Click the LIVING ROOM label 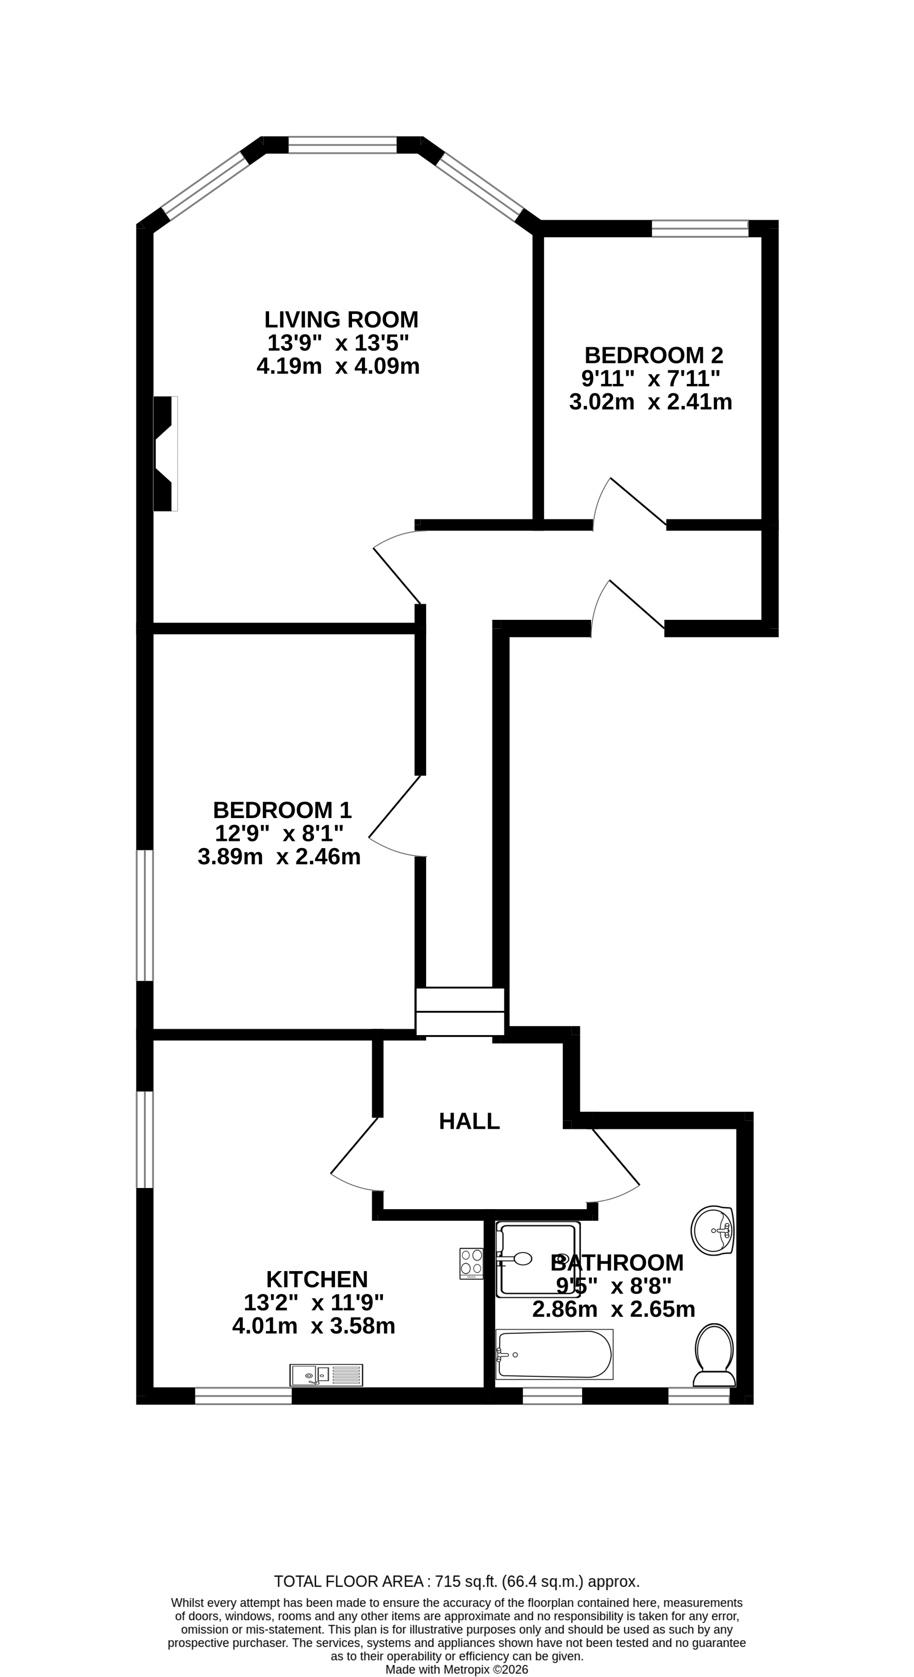click(341, 320)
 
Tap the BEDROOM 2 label click(653, 355)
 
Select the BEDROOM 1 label click(282, 810)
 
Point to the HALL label click(469, 1121)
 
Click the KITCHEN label click(317, 1279)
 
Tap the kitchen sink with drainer click(326, 1375)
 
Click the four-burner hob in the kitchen click(472, 1263)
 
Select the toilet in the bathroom click(714, 1355)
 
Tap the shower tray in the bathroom click(538, 1259)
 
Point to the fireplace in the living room click(164, 454)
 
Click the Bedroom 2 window click(700, 228)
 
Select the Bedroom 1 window click(144, 915)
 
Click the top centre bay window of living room click(343, 144)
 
